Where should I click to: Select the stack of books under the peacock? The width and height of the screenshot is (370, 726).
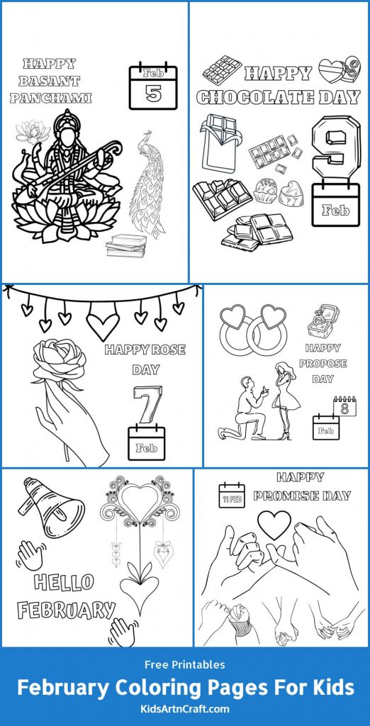(125, 245)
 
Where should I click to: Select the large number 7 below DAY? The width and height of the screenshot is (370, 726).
(147, 403)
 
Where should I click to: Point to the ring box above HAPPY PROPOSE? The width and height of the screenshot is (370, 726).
(322, 320)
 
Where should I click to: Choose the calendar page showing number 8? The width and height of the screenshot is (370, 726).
(344, 406)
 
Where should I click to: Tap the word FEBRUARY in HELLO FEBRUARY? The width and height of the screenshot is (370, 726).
(66, 609)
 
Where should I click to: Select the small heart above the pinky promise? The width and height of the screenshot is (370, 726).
(273, 525)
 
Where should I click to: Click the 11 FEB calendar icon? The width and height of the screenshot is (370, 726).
(231, 496)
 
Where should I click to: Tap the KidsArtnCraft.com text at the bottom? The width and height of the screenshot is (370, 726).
(185, 708)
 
